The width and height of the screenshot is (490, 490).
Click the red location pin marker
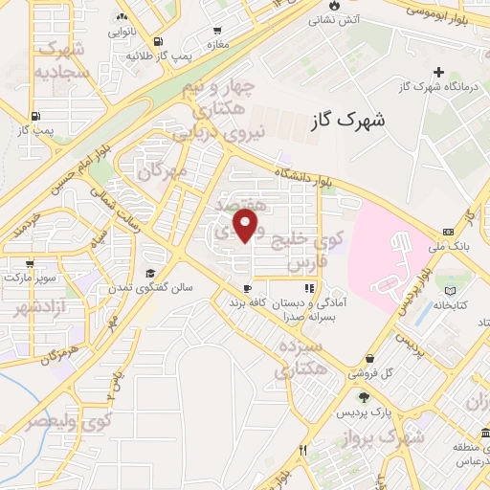[x=246, y=226]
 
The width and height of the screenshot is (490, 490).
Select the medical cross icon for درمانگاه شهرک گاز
[x=438, y=72]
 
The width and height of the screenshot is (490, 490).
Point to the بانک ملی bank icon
[x=448, y=233]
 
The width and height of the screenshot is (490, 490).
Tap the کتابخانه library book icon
[x=451, y=290]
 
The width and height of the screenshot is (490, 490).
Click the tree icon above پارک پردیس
[x=363, y=397]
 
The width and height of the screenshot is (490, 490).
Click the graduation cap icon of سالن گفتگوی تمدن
[x=148, y=272]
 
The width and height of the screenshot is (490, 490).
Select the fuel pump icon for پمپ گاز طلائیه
[x=157, y=41]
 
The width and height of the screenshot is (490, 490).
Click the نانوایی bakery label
[x=121, y=32]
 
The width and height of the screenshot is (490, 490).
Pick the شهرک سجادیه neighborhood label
[x=59, y=59]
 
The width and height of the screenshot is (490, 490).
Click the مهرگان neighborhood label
[x=159, y=171]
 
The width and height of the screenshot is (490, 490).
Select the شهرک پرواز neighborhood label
[x=391, y=438]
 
